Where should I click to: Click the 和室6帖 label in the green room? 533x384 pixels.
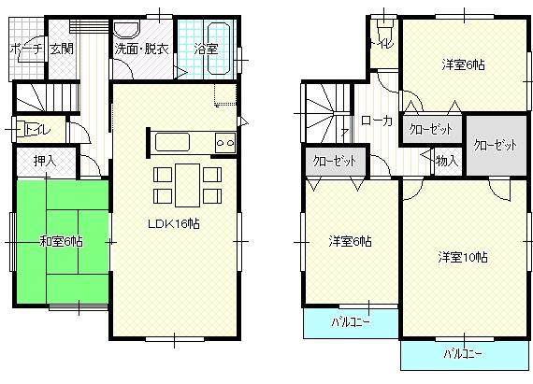[x=61, y=241]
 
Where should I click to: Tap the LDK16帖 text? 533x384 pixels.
[x=174, y=224]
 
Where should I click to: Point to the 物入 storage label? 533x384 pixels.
[x=447, y=161]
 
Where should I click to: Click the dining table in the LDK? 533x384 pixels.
[x=187, y=182]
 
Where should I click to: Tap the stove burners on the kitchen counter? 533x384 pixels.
[x=225, y=143]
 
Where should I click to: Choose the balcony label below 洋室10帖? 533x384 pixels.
[x=463, y=354]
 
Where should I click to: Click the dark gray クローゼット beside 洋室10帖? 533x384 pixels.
[x=495, y=145]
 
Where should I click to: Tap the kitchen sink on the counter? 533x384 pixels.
[x=173, y=143]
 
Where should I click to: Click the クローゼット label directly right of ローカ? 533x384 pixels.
[x=431, y=129]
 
